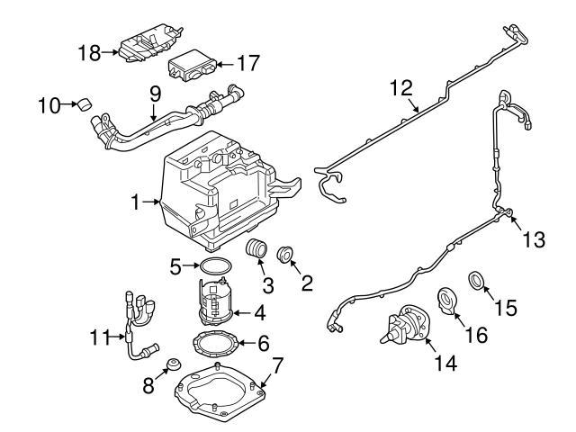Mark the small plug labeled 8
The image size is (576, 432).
pyautogui.click(x=169, y=364)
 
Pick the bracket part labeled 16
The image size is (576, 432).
pyautogui.click(x=447, y=299)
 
